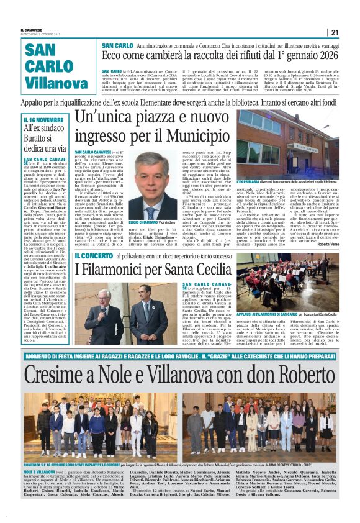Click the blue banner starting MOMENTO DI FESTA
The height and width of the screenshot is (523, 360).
click(x=179, y=355)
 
